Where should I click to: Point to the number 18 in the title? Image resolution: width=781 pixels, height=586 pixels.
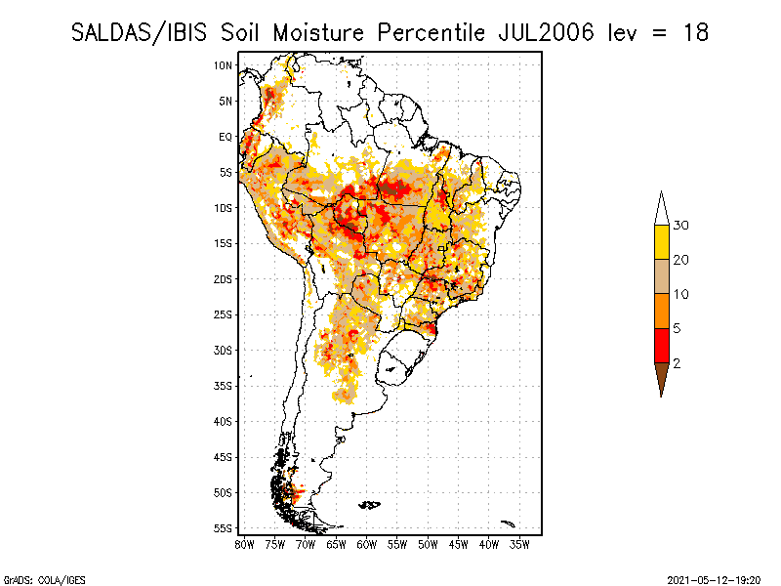click(695, 32)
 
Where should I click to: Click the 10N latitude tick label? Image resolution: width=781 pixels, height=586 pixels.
click(224, 65)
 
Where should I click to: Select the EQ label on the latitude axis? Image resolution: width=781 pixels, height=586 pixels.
click(226, 137)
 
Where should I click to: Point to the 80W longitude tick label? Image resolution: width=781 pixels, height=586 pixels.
click(244, 544)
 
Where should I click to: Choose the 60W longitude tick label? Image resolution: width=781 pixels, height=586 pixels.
click(366, 544)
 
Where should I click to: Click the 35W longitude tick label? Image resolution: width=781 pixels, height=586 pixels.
click(519, 544)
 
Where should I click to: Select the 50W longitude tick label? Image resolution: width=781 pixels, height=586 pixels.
click(428, 544)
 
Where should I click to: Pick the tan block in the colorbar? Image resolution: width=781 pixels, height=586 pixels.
click(661, 276)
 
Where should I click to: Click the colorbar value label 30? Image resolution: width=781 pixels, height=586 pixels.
click(681, 226)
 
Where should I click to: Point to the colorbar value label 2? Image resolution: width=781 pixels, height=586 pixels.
click(678, 363)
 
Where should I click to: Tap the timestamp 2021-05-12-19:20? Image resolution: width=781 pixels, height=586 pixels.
click(714, 579)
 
